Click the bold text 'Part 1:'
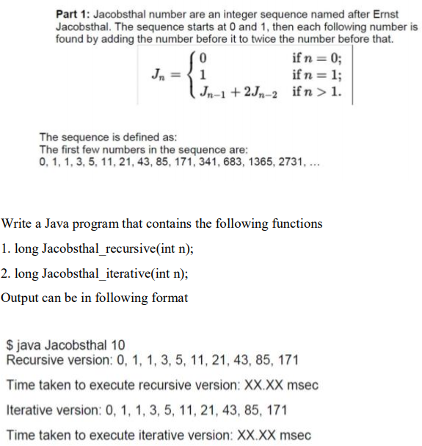pos(73,15)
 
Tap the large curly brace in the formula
pos(193,75)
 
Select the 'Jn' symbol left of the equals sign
pos(157,75)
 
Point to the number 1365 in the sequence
pos(252,161)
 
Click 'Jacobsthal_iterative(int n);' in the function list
pos(115,273)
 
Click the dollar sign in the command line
pos(10,345)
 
